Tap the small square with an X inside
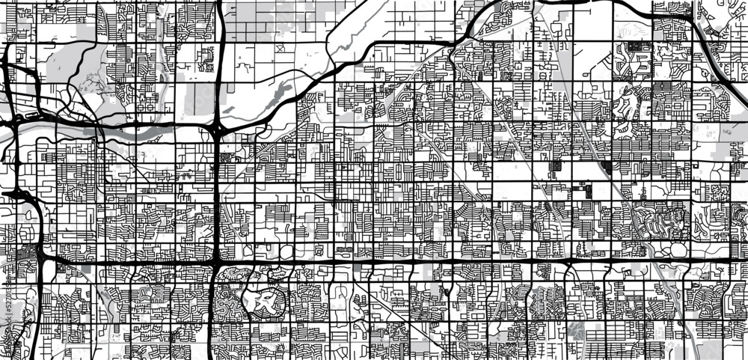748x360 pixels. (278, 49)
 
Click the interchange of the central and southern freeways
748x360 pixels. (216, 263)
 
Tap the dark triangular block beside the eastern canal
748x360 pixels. (605, 167)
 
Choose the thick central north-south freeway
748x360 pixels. (217, 195)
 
